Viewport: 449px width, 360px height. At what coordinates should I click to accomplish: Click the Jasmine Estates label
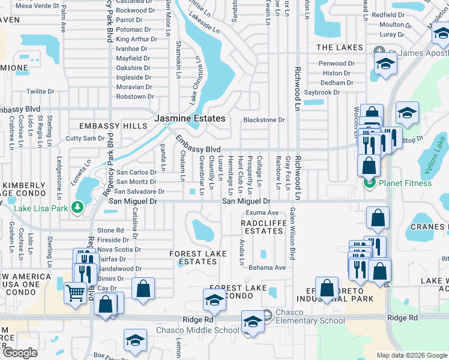click(190, 119)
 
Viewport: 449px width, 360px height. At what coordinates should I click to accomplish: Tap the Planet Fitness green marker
click(369, 182)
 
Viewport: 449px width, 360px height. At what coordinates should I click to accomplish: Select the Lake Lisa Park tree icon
click(77, 208)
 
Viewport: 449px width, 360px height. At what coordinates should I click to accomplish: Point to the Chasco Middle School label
click(197, 330)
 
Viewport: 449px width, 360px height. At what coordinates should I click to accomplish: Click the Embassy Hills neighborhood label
click(113, 126)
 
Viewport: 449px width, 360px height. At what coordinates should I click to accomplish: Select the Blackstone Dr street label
click(264, 120)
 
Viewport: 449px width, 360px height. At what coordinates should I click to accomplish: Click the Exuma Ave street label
click(262, 212)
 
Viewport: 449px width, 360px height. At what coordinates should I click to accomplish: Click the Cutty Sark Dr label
click(85, 139)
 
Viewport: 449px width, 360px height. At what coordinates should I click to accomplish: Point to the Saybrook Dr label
click(322, 92)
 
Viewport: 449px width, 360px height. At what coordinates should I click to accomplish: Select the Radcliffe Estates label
click(262, 227)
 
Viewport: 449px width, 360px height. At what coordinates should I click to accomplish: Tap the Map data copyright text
click(411, 355)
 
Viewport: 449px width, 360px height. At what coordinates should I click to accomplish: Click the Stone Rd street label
click(110, 230)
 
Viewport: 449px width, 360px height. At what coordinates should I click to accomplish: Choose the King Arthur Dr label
click(136, 39)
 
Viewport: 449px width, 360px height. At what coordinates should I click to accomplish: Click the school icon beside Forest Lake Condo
click(214, 300)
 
